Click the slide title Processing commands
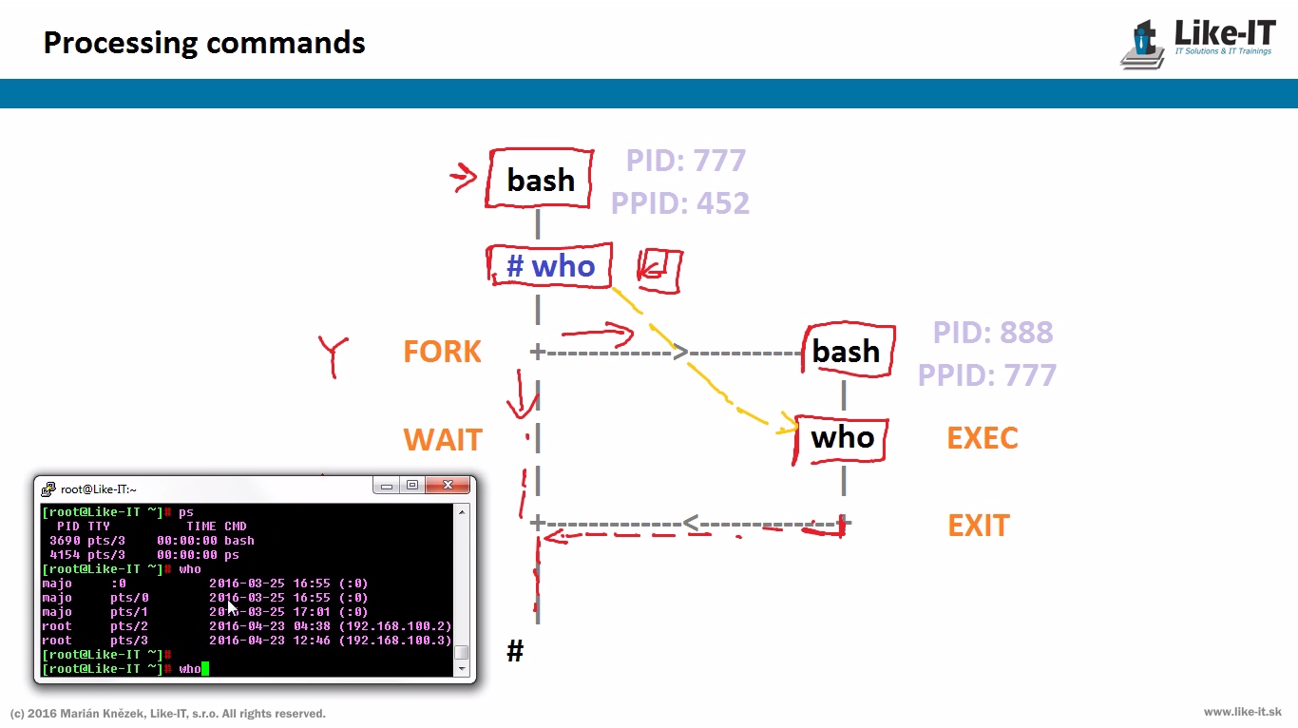204,43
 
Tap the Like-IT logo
1198,45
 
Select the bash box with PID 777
540,179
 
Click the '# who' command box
549,265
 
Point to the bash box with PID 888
849,350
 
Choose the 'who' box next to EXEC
841,438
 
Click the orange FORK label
442,352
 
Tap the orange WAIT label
443,439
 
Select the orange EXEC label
983,437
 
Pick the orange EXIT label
979,526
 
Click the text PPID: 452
680,202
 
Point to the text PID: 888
993,332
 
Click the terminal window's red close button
448,485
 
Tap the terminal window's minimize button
387,485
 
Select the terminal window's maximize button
412,485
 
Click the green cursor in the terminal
204,669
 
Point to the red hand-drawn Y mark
334,356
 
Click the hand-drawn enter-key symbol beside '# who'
659,271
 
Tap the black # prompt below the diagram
515,650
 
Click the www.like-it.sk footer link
1242,712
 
